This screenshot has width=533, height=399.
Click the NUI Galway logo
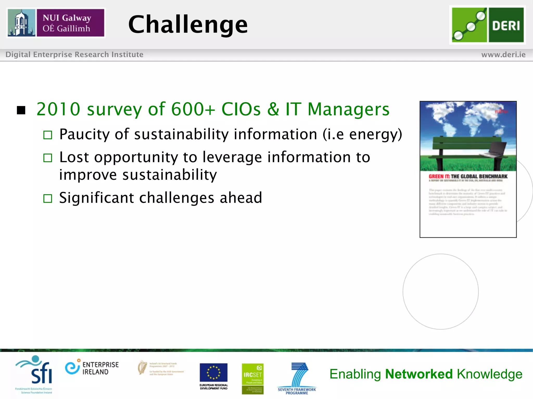click(x=56, y=23)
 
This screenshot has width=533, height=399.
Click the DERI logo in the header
click(x=487, y=25)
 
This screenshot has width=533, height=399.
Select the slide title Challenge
click(x=188, y=24)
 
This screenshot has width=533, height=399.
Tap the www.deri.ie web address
click(x=503, y=55)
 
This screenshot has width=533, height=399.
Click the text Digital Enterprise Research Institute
click(x=74, y=55)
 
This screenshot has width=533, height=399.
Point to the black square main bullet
click(x=21, y=110)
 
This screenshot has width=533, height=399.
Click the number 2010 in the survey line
click(x=58, y=109)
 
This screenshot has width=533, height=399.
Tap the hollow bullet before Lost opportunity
click(x=48, y=158)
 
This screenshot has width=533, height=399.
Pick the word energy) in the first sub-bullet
click(x=376, y=135)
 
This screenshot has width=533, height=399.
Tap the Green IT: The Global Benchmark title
click(x=468, y=177)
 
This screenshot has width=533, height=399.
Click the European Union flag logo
click(x=213, y=373)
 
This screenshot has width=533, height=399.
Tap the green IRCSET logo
click(x=252, y=378)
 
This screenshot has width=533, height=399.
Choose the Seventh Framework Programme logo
click(x=297, y=378)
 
